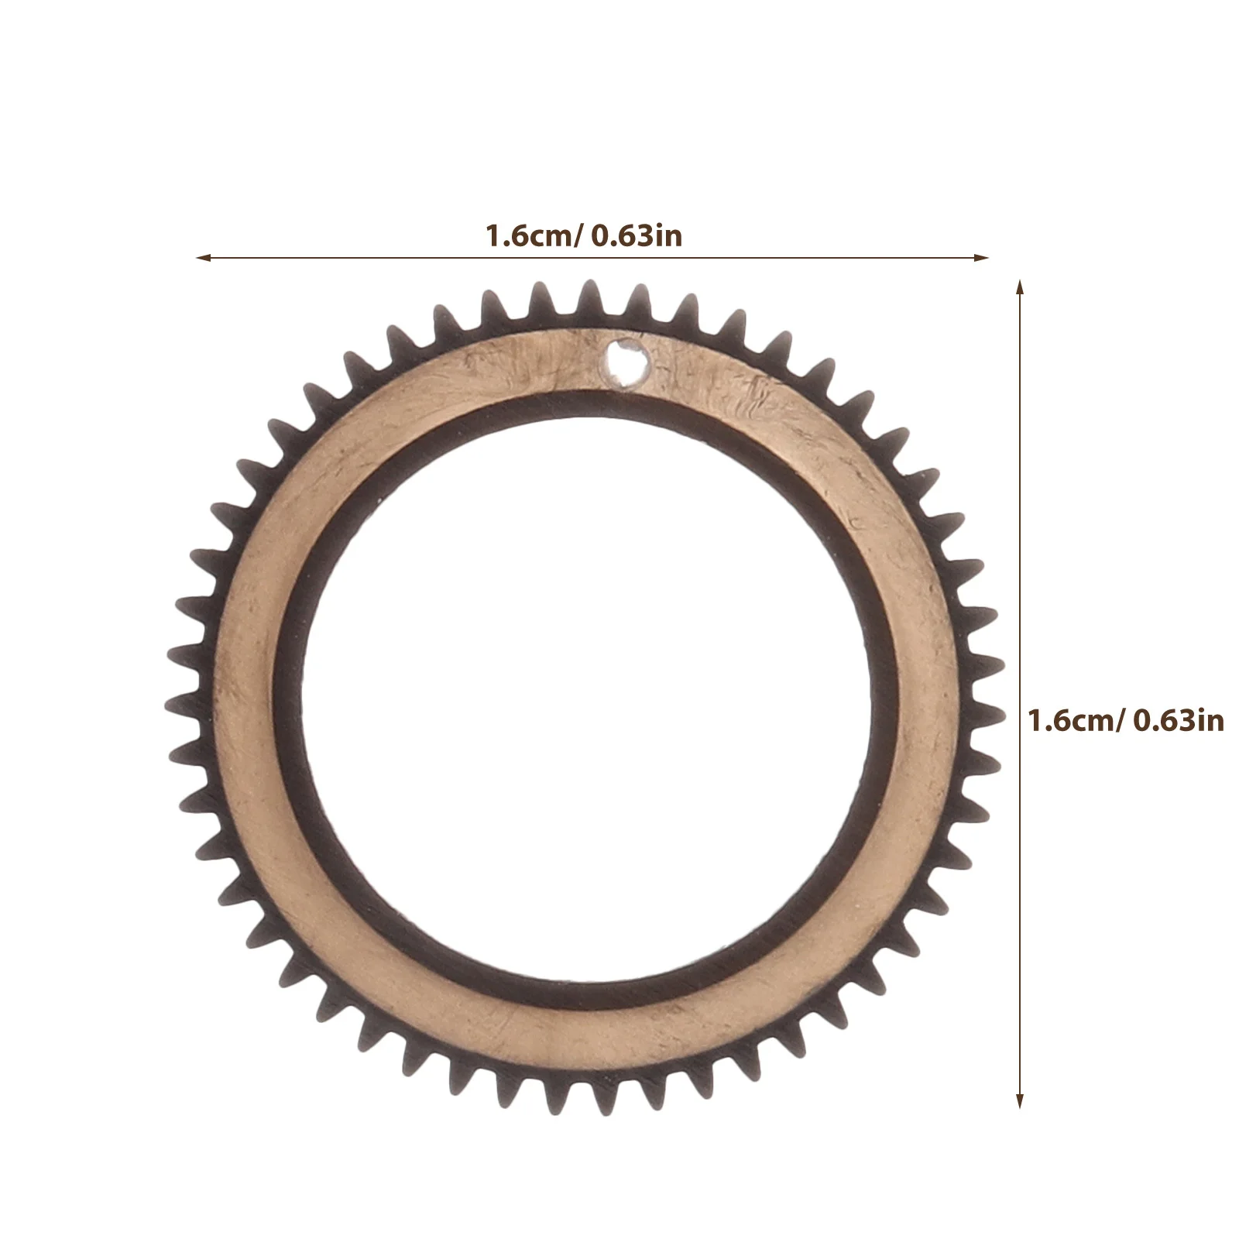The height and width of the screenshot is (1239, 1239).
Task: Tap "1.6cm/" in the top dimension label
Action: pos(534,235)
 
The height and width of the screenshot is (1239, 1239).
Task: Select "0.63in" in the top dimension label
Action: pos(637,235)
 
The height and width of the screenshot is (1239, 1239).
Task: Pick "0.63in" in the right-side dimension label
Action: pos(1179,721)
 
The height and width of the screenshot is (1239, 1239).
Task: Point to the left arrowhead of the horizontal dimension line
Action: pos(204,257)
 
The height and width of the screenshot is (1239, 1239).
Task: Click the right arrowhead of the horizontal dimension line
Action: pos(981,257)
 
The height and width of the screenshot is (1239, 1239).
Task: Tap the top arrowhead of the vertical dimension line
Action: pos(1020,289)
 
